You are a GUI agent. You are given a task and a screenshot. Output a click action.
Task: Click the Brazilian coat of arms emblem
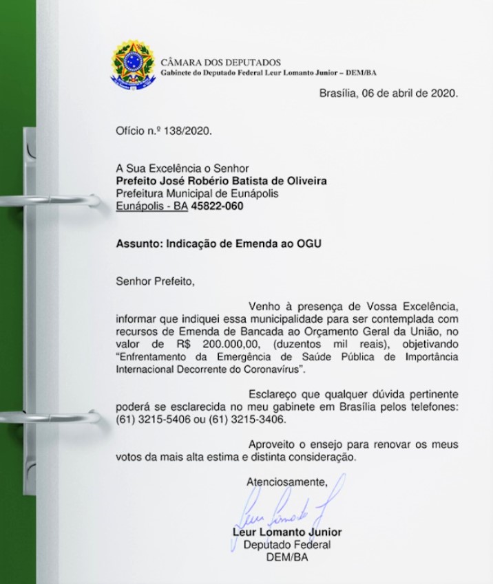[x=134, y=64]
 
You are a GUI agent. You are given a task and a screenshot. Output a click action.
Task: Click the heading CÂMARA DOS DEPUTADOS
[x=220, y=63]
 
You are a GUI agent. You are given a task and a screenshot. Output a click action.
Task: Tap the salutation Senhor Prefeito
[x=151, y=281]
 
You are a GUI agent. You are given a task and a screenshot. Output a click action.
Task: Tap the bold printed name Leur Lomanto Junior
[x=287, y=532]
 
